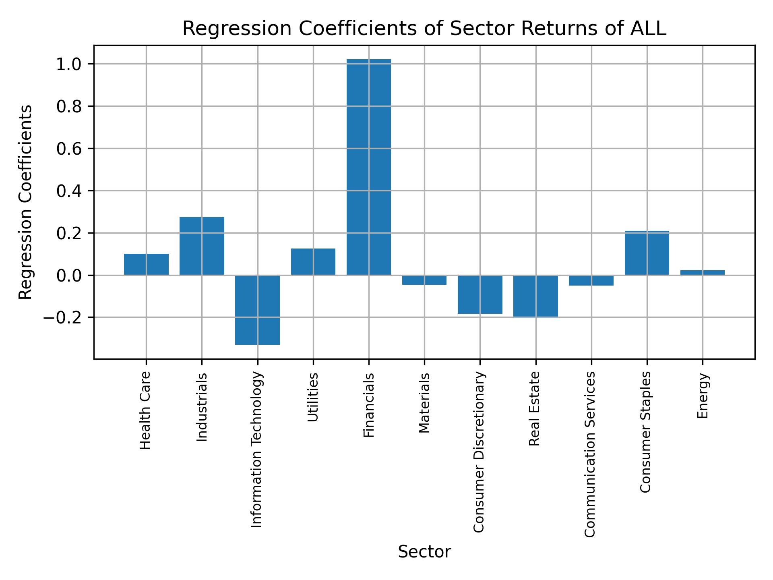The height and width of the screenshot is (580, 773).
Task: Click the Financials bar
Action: point(368,167)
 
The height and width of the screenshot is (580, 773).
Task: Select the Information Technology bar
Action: point(257,310)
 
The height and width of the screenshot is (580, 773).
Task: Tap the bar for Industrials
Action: point(202,246)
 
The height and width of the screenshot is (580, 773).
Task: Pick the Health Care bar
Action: point(146,264)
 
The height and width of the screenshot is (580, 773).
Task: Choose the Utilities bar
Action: point(313,262)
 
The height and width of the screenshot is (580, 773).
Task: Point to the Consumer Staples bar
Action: point(647,253)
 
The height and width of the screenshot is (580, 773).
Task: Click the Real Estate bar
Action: point(535,296)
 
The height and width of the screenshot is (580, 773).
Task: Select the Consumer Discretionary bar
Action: point(480,294)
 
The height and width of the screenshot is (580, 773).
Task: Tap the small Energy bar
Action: point(702,273)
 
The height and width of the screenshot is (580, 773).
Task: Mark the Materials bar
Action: point(424,280)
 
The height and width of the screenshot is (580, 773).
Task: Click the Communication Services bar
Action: point(591,280)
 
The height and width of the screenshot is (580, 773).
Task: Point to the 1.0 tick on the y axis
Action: point(69,64)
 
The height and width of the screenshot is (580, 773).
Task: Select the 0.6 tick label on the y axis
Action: point(69,149)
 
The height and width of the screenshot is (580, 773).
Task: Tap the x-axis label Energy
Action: point(703,396)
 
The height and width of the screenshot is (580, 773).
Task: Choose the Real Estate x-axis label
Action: point(535,408)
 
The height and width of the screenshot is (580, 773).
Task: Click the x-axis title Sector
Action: point(424,552)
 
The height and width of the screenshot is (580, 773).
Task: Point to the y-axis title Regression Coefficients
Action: point(26,202)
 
